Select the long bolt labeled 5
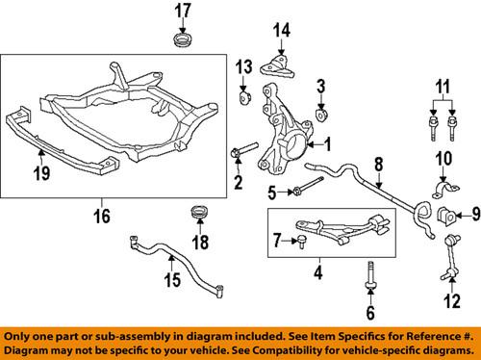[310, 192]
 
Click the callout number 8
[378, 164]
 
